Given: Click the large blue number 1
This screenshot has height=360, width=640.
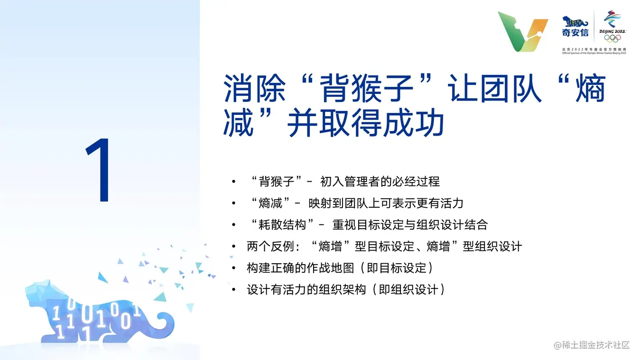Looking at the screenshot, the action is (x=99, y=170).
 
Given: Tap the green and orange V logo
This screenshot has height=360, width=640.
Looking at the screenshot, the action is (x=523, y=32).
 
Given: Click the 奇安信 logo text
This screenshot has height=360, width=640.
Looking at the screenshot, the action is (x=575, y=33).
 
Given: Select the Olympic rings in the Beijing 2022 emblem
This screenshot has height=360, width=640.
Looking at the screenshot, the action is (x=612, y=38).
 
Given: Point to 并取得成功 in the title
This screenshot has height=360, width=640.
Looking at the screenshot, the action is (x=365, y=122).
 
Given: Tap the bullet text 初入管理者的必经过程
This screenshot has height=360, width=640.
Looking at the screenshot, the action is (x=380, y=182).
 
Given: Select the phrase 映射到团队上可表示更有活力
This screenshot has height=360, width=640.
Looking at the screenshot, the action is (x=386, y=203).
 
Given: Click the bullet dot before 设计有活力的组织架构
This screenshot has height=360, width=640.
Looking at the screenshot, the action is (x=234, y=290).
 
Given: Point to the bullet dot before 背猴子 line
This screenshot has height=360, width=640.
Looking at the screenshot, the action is (x=234, y=182).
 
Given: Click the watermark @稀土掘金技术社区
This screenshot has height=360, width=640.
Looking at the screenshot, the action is (x=592, y=345).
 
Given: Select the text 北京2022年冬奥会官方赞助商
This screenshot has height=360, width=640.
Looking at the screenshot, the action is (x=594, y=49).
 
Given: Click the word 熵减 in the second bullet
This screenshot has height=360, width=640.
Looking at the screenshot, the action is (x=270, y=203).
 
